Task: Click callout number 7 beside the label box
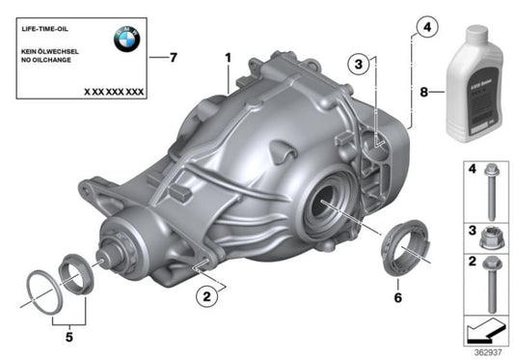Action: (173, 58)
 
